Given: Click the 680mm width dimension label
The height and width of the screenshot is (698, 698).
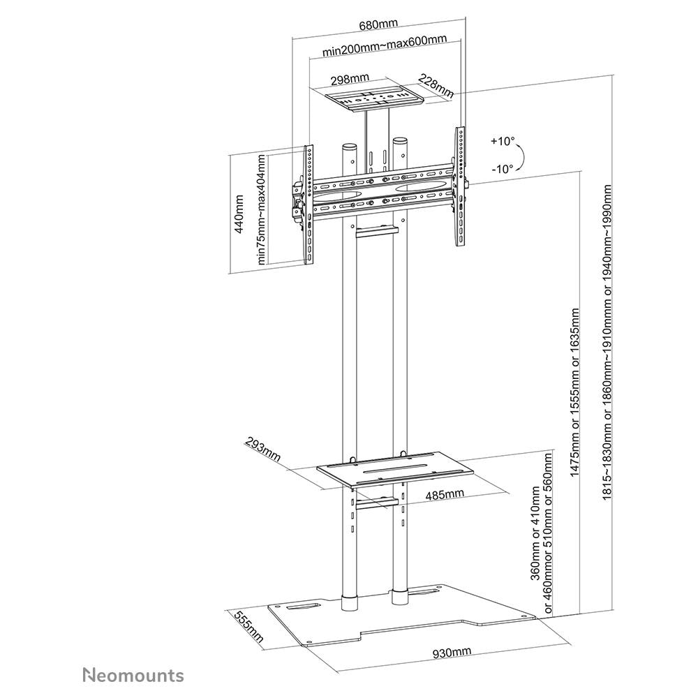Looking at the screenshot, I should pos(378,24).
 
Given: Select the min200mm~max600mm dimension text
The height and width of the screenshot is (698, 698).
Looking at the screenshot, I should pos(385,53).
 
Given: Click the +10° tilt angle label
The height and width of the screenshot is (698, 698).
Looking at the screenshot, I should pos(502,141).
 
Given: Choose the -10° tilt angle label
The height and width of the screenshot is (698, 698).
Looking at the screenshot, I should pos(502,168).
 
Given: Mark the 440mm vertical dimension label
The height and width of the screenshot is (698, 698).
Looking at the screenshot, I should pos(239,214).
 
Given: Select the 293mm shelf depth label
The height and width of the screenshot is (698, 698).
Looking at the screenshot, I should pos(262,451).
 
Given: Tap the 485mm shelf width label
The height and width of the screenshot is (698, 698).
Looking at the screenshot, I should pos(445,494).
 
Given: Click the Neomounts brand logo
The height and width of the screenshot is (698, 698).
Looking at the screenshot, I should pos(133,675).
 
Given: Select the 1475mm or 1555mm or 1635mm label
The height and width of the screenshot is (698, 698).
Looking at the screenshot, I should pos(575,391).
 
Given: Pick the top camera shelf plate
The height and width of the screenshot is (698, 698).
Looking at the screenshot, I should pos(375,97).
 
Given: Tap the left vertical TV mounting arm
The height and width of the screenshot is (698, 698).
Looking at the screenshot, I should pos(308,206).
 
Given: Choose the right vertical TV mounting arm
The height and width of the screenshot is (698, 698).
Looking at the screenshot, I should pos(460,187).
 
